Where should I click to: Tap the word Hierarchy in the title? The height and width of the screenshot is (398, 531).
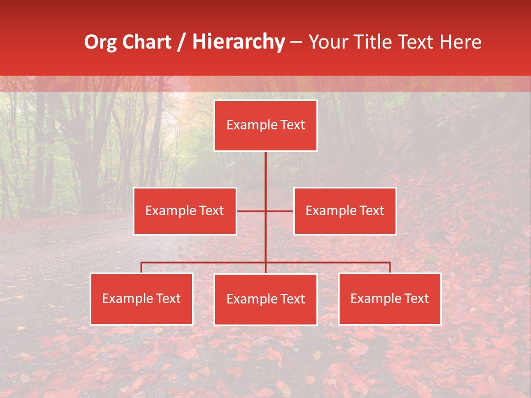pyautogui.click(x=238, y=42)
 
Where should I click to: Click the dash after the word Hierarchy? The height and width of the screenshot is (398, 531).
pyautogui.click(x=296, y=42)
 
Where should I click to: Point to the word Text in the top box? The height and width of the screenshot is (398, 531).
pyautogui.click(x=293, y=125)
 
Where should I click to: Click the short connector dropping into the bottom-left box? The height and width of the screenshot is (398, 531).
pyautogui.click(x=142, y=268)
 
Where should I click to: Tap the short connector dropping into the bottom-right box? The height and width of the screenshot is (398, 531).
pyautogui.click(x=390, y=268)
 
